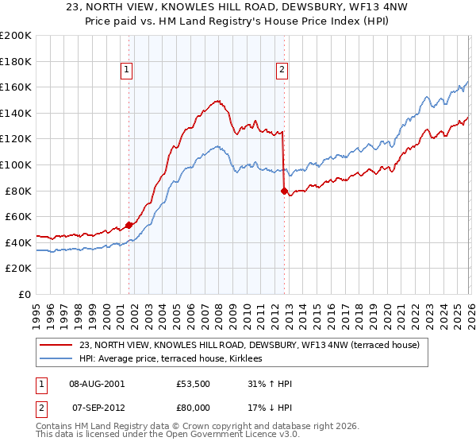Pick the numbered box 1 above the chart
click(x=126, y=70)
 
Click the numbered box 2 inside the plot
click(x=282, y=70)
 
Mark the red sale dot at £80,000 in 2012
click(x=284, y=191)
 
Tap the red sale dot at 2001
click(x=129, y=225)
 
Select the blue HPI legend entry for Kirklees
click(x=175, y=359)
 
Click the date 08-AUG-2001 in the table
click(x=98, y=384)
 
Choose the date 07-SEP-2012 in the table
click(x=98, y=407)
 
